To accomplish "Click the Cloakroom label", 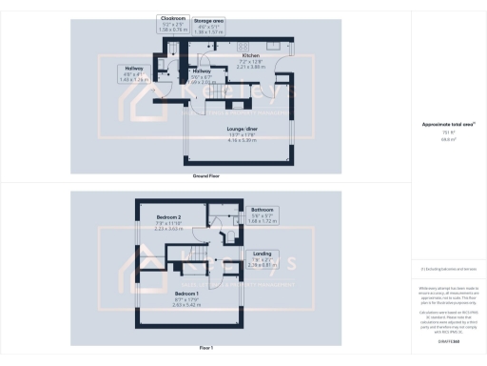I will point(172,17).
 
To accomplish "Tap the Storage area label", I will point(208,20).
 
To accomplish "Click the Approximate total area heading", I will point(440,125).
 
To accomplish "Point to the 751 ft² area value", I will point(440,132).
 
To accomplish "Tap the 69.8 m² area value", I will point(440,138).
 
